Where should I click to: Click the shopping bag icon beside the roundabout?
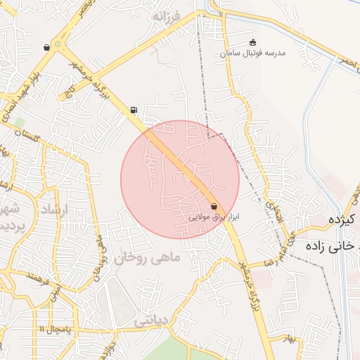point(46,48)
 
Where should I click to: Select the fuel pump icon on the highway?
point(134,110)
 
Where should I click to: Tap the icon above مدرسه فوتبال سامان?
point(253,42)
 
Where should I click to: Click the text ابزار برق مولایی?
point(214,218)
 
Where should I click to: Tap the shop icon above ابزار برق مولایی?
point(214,206)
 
